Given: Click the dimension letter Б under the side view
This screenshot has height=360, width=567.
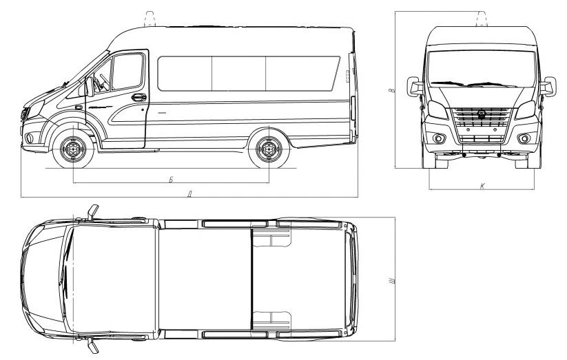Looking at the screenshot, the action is click(171, 179).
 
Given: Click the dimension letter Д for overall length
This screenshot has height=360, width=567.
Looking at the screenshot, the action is click(189, 195).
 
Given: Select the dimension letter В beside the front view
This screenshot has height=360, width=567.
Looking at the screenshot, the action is click(391, 90).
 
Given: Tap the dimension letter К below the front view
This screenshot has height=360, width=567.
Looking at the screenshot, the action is click(482, 186).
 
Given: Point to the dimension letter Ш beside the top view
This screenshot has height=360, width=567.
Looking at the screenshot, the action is click(392, 280).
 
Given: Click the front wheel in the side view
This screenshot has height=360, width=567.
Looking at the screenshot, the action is click(74, 149).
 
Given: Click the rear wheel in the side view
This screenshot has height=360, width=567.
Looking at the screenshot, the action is click(269, 149).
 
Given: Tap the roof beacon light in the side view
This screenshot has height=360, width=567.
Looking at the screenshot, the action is click(150, 19).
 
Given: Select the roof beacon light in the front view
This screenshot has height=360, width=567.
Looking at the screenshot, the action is click(482, 19).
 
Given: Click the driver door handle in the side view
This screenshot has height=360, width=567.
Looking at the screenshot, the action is click(139, 97).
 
